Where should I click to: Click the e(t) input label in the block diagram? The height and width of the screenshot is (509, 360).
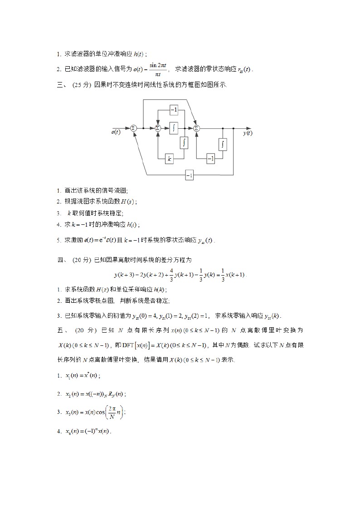tap(116, 132)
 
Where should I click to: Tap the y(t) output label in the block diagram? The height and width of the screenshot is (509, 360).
tap(248, 133)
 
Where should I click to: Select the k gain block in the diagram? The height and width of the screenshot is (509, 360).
tap(169, 159)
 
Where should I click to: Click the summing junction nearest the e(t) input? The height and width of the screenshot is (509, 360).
tap(133, 128)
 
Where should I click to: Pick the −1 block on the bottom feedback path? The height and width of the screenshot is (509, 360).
tap(189, 175)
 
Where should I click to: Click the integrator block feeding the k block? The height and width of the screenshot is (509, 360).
tap(184, 143)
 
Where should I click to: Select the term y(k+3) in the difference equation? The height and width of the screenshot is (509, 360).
tap(124, 275)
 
